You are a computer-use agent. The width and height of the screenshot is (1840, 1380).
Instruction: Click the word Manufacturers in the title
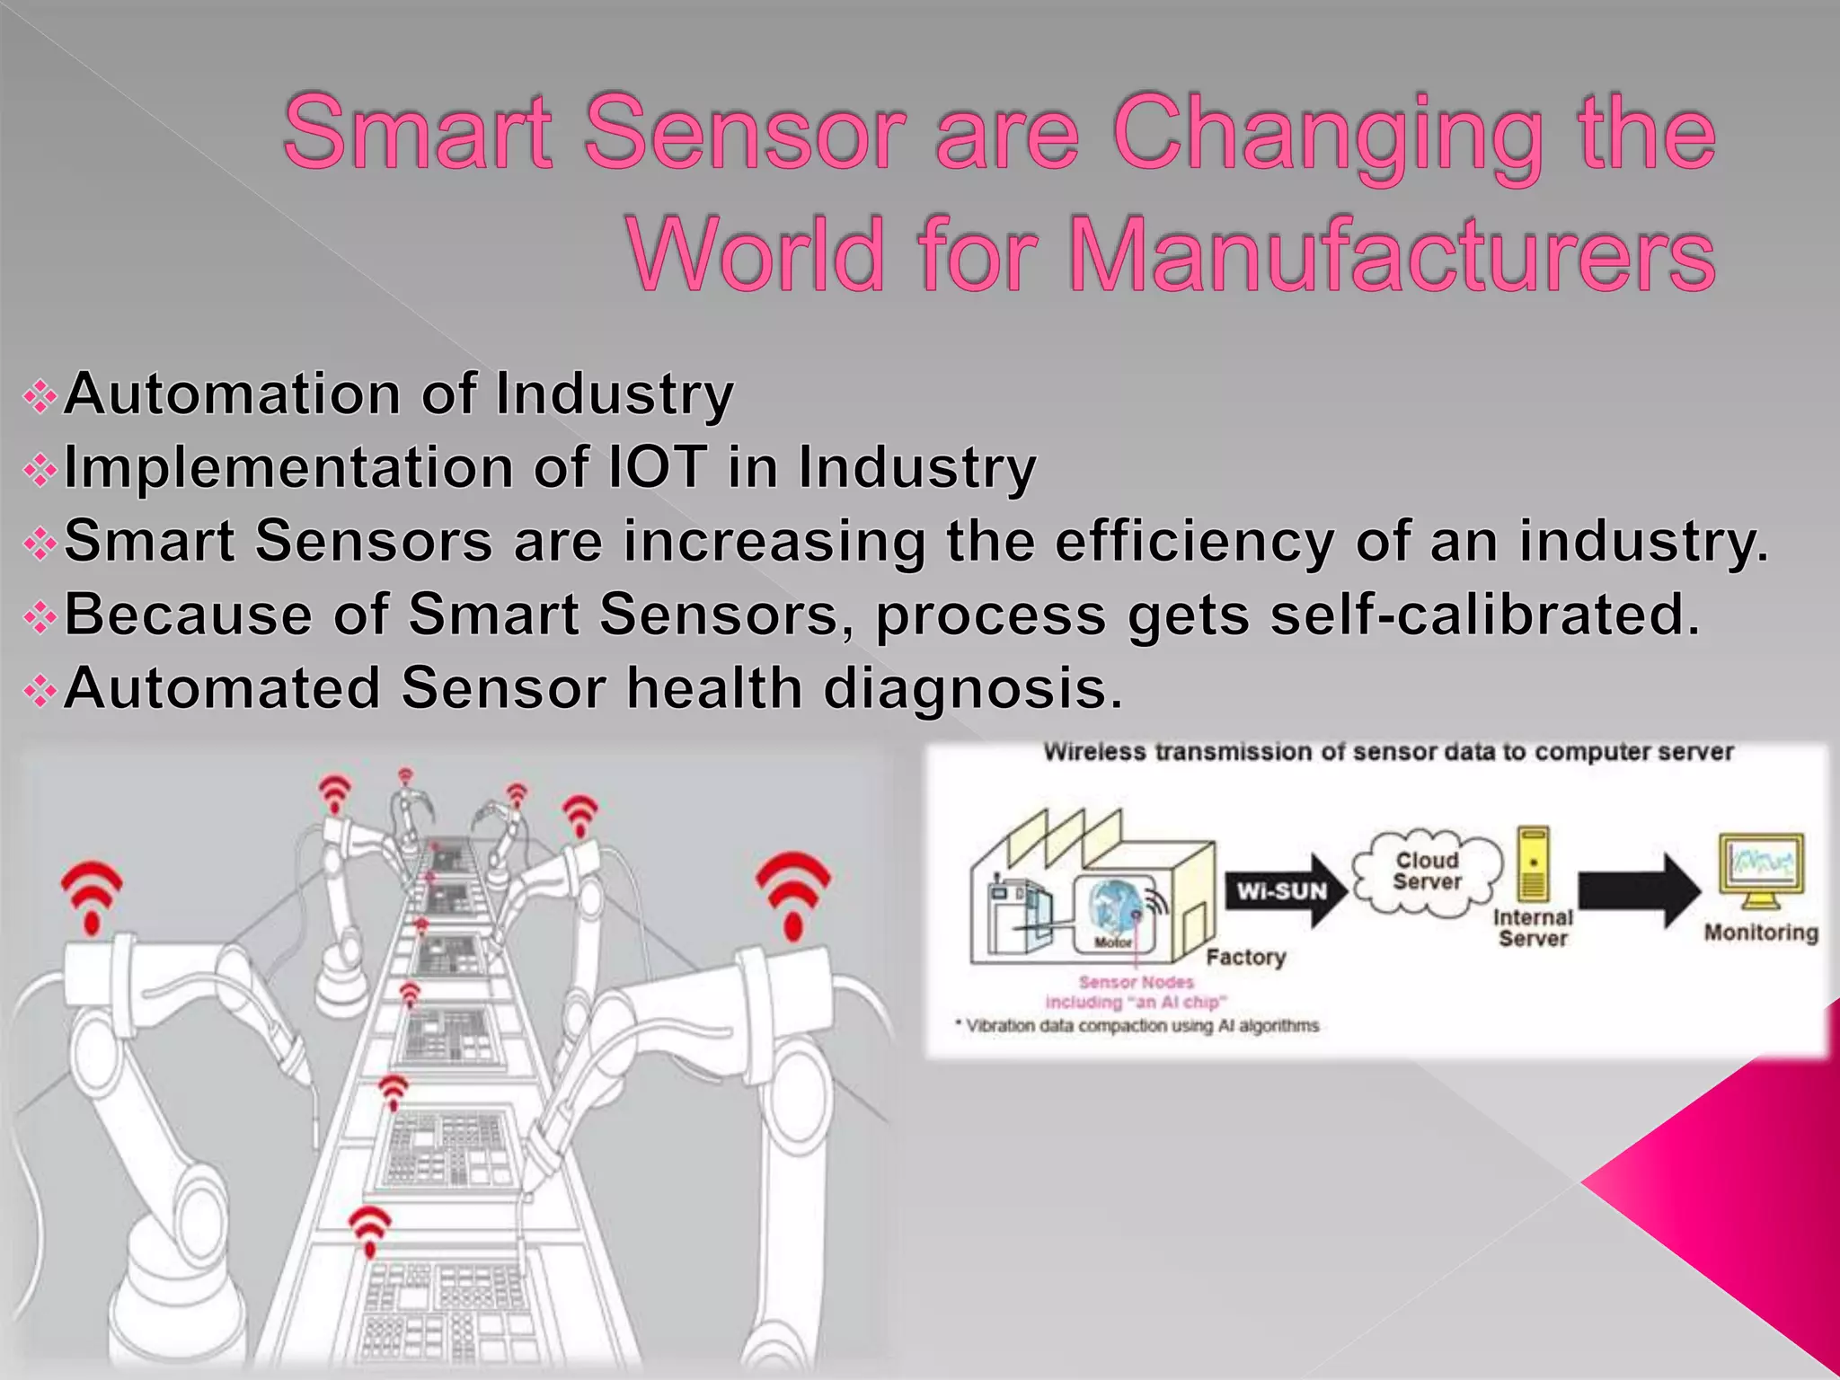(1393, 255)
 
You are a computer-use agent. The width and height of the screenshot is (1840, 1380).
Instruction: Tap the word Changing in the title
(1326, 135)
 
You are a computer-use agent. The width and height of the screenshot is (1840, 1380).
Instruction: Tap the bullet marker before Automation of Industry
(40, 396)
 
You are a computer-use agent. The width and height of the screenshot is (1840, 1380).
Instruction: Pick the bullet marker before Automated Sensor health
(40, 691)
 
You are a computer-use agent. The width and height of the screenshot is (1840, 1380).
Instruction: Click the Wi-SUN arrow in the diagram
(1285, 890)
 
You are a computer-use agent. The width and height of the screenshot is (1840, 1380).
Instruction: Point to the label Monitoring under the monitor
(1761, 933)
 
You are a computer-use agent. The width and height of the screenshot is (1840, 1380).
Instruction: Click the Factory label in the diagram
(1245, 957)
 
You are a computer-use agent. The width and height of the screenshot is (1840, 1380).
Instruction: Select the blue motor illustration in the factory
(1114, 909)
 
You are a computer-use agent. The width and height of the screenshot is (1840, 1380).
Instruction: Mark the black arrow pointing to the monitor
(1637, 890)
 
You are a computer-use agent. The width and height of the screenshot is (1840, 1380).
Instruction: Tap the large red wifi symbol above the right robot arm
(793, 889)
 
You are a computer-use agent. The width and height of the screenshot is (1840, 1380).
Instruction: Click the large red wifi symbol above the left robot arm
(92, 894)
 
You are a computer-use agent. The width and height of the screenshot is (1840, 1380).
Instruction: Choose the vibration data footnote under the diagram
(1139, 1026)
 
